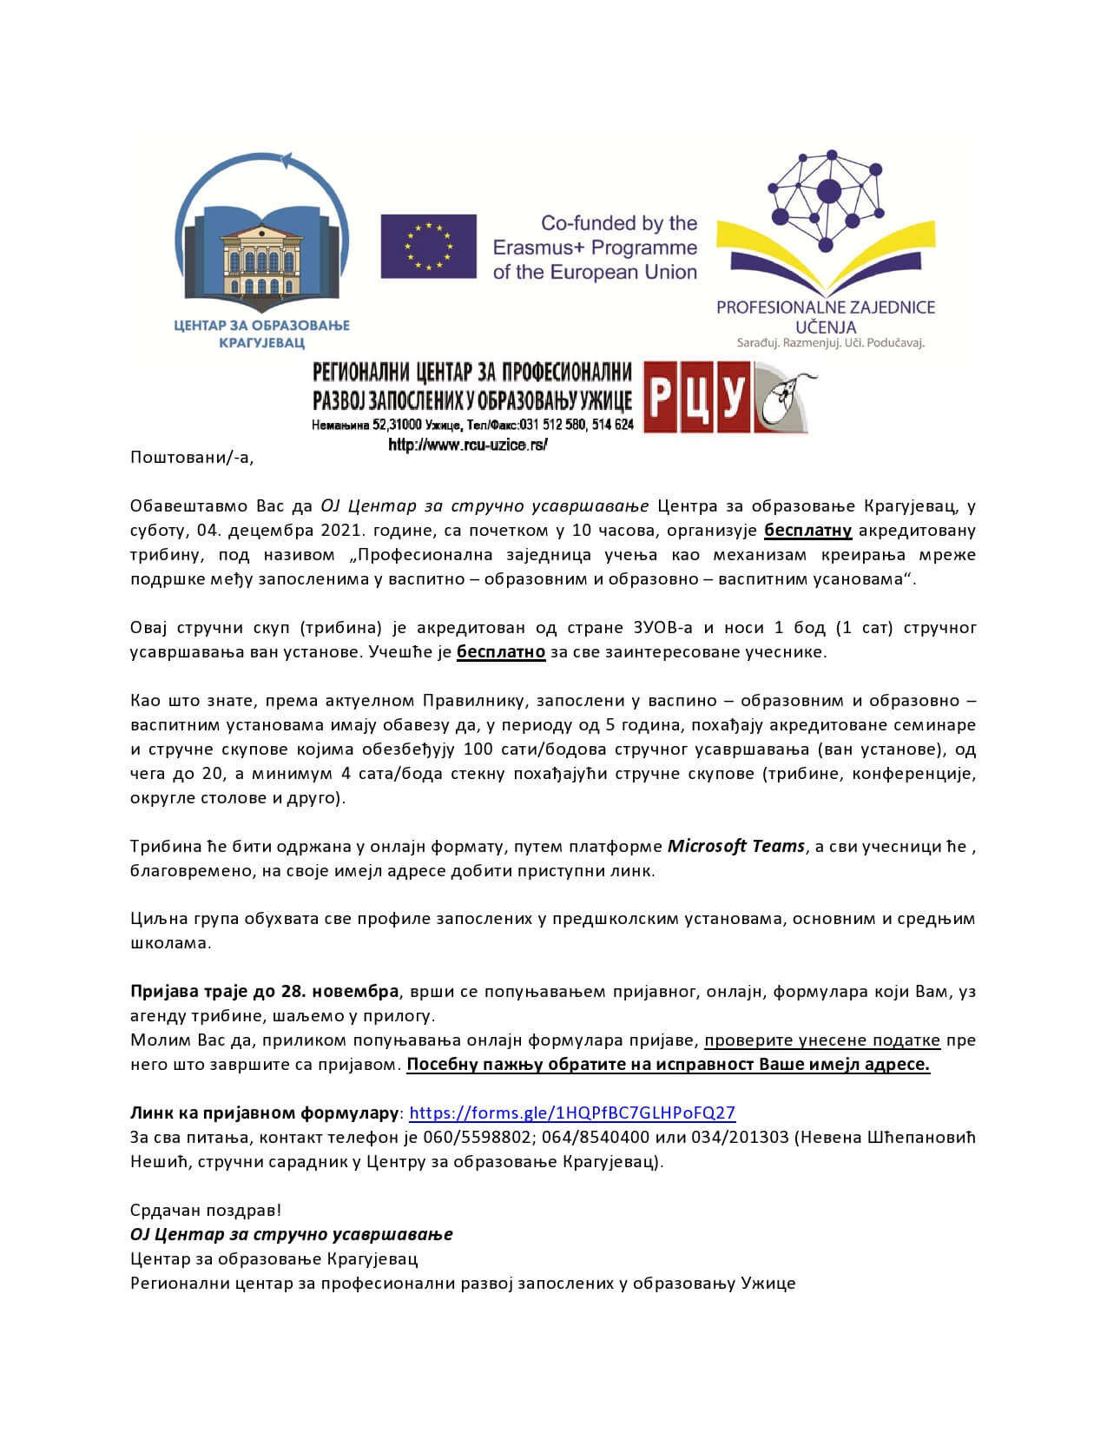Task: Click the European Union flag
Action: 428,247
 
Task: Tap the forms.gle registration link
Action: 571,1113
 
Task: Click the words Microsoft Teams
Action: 735,846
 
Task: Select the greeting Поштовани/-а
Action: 192,458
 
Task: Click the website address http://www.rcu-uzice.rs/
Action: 468,445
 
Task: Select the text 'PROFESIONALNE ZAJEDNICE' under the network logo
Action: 825,307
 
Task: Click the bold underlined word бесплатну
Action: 807,530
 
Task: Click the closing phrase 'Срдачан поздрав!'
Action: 206,1210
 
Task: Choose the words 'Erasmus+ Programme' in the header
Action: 595,248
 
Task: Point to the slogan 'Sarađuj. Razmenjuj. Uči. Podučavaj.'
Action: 830,343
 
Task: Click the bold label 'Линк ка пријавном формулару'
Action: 264,1113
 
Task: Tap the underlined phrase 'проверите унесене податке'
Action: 822,1040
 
